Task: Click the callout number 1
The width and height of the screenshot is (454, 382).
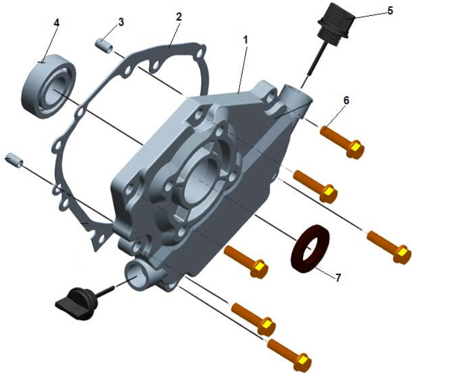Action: click(245, 40)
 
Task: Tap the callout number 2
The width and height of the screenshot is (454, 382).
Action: click(179, 17)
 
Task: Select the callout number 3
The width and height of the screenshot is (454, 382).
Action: click(121, 22)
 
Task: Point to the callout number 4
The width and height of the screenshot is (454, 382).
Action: click(57, 23)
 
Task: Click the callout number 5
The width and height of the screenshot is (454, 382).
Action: click(390, 11)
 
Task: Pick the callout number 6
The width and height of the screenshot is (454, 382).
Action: click(346, 101)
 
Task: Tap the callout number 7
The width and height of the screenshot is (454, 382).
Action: click(338, 278)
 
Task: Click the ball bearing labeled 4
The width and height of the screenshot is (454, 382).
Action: click(49, 86)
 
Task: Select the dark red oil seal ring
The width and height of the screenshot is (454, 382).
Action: click(310, 249)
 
